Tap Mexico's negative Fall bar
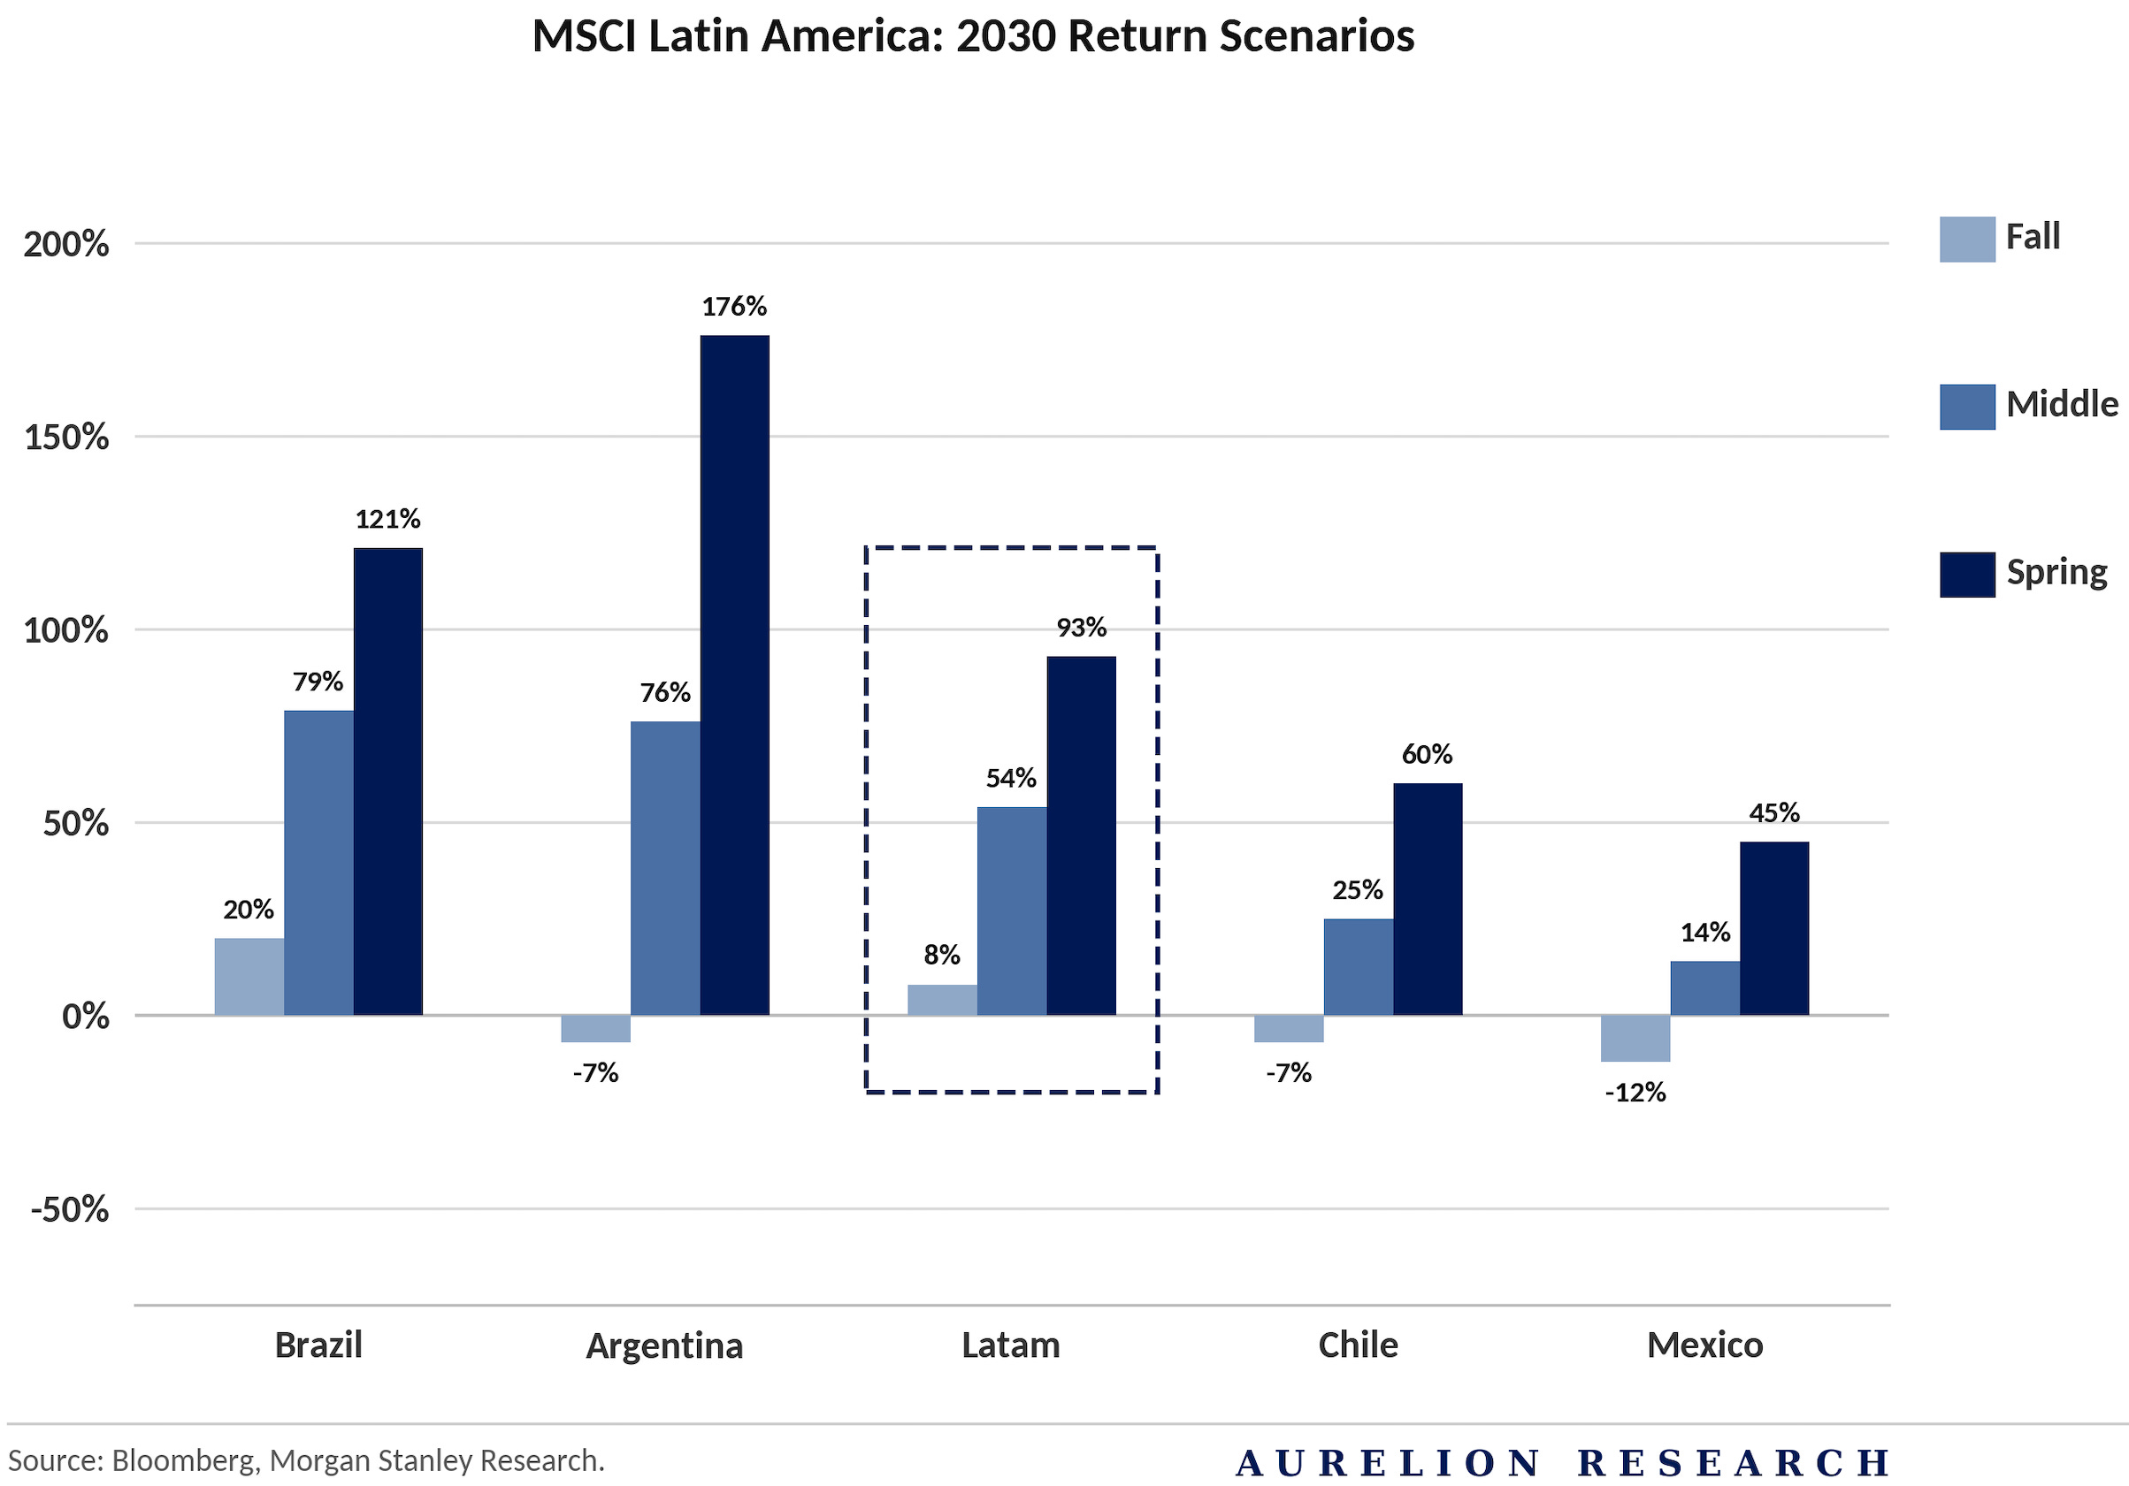[1635, 1038]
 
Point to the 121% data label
[387, 519]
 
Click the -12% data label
[1635, 1093]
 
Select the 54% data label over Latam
[1011, 779]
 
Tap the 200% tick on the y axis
[66, 245]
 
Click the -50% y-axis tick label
[70, 1209]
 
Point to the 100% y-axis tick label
[66, 631]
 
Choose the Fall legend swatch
[1967, 240]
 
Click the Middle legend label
[2061, 404]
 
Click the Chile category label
[1358, 1345]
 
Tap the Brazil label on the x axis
[318, 1345]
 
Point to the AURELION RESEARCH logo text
[1562, 1463]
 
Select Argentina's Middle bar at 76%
[665, 868]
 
